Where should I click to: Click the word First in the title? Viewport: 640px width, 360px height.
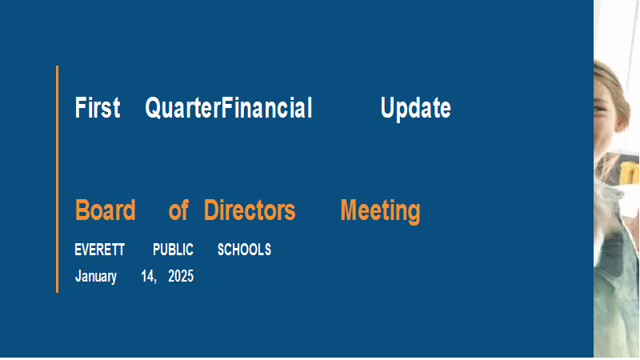(98, 108)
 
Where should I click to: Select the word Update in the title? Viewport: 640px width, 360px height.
(415, 108)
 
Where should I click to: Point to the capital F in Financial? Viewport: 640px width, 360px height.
(226, 108)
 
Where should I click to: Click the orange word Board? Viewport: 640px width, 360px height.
(106, 210)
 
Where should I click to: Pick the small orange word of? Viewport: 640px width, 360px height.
(178, 210)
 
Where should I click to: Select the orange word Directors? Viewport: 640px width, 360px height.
(250, 210)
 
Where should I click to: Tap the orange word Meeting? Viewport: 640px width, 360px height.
(381, 211)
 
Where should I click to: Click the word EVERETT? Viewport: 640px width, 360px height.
(99, 250)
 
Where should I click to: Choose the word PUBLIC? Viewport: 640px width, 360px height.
(173, 250)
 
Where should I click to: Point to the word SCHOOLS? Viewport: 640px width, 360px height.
(244, 250)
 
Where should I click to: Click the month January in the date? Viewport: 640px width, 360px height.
(96, 276)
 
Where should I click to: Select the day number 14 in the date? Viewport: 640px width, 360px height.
(146, 276)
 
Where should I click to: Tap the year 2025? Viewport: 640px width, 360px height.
(181, 276)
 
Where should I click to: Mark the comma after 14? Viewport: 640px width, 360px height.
(154, 282)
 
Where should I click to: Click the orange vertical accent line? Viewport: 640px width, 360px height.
(57, 179)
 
